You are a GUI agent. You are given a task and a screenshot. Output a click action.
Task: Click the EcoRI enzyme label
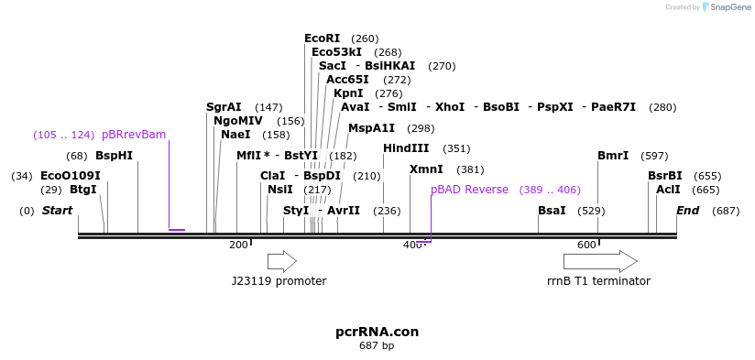coord(322,38)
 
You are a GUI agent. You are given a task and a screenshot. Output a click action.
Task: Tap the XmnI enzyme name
coord(426,169)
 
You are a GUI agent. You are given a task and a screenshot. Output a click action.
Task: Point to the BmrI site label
coord(613,156)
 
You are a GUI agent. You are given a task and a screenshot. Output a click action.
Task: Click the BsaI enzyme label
coord(552,211)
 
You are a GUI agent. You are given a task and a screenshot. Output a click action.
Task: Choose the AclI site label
coord(668,190)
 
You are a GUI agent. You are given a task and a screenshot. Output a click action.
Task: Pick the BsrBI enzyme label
coord(665,176)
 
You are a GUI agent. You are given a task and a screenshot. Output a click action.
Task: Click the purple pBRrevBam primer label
coord(134,135)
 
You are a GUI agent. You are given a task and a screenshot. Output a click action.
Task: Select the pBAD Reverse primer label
coord(469,190)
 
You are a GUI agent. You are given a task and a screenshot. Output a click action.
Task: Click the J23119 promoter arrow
coord(281,261)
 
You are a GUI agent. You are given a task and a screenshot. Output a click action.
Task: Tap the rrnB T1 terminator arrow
coord(600,261)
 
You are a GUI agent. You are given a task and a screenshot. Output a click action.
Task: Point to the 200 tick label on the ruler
coord(238,245)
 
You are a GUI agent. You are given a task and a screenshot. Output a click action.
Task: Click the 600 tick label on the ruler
coord(586,245)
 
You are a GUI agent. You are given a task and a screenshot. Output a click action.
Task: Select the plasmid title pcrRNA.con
coord(377,332)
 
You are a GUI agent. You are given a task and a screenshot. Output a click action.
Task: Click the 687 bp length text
coord(377,346)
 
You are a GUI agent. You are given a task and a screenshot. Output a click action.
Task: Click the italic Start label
coord(57,211)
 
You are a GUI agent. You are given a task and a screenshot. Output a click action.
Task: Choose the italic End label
coord(687,211)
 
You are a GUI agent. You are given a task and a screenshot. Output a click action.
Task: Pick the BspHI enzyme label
coord(114,156)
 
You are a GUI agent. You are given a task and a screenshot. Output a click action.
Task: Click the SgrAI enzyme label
coord(224,107)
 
